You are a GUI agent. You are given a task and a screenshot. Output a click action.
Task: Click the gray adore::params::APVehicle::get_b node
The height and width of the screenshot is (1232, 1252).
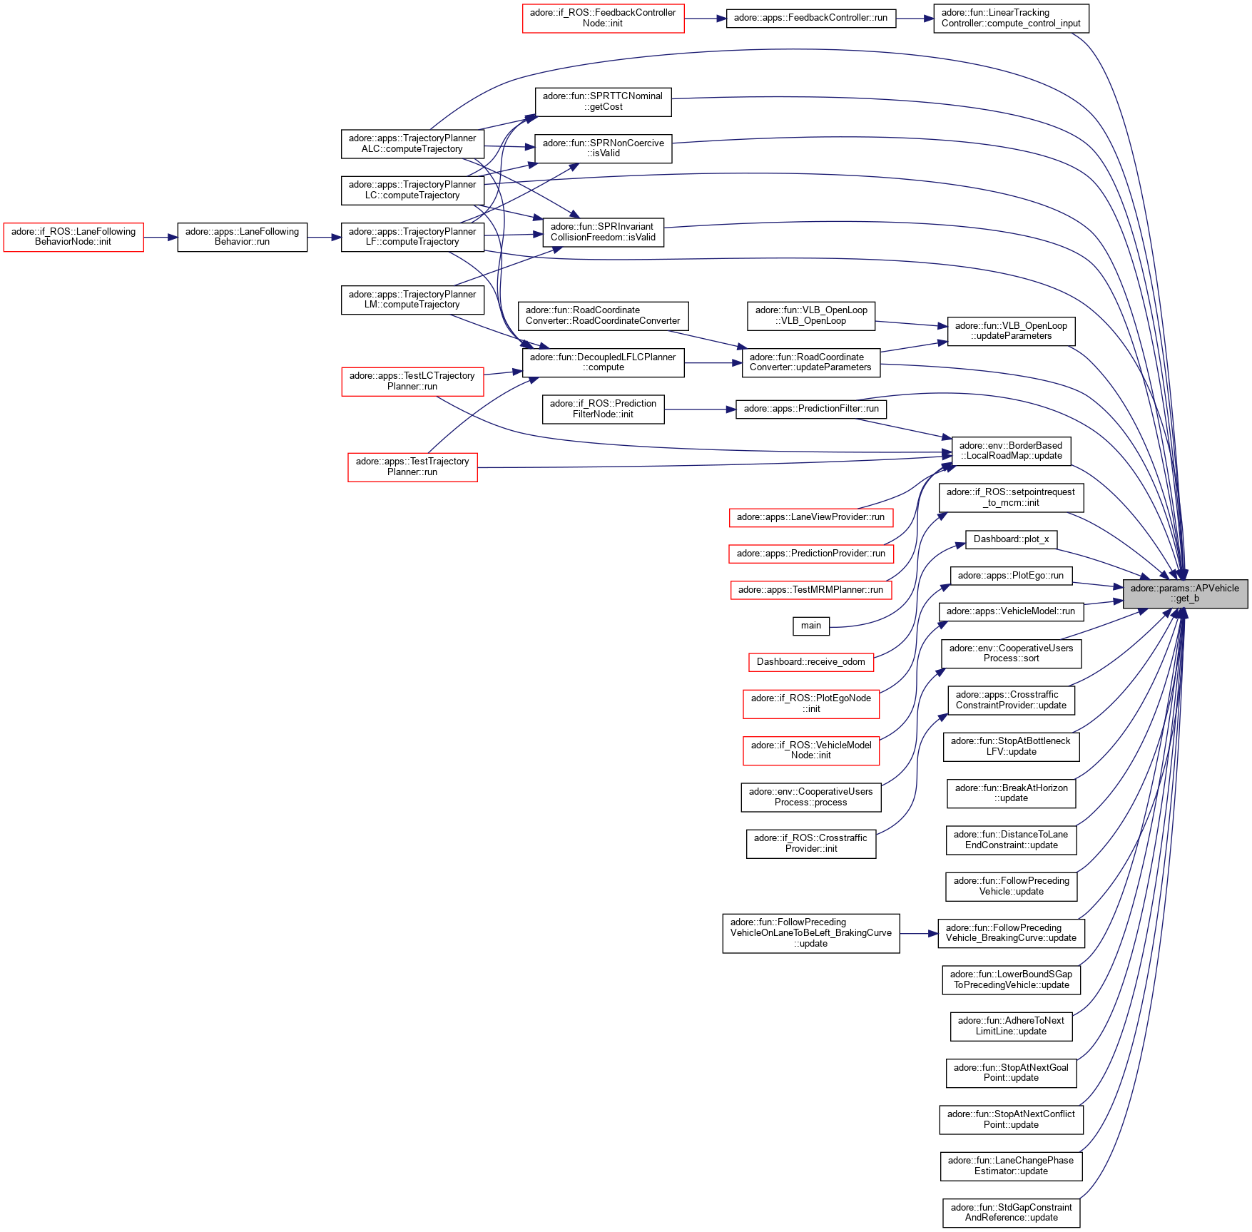pyautogui.click(x=1185, y=594)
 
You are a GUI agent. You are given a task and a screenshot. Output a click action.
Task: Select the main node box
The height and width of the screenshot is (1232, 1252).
pyautogui.click(x=810, y=626)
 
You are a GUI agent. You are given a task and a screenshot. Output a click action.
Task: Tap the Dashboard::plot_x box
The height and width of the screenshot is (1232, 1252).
pyautogui.click(x=1011, y=539)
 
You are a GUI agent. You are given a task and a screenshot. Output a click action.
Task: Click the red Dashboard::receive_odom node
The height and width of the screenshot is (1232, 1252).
pyautogui.click(x=810, y=662)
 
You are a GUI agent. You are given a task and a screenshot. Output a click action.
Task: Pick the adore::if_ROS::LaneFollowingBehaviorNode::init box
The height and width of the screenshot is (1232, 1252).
pyautogui.click(x=73, y=237)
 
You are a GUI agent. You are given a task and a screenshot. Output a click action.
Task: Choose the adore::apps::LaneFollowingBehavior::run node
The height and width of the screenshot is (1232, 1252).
pyautogui.click(x=242, y=237)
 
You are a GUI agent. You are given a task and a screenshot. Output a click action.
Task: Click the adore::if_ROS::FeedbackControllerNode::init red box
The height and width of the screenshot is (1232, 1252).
pyautogui.click(x=603, y=18)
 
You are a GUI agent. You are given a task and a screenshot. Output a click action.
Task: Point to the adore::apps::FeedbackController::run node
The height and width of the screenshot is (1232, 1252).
pyautogui.click(x=810, y=18)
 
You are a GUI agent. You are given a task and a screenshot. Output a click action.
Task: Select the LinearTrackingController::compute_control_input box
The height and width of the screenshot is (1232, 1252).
pyautogui.click(x=1011, y=18)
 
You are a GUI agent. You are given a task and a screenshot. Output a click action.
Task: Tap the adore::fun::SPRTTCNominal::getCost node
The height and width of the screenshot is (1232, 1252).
pyautogui.click(x=603, y=101)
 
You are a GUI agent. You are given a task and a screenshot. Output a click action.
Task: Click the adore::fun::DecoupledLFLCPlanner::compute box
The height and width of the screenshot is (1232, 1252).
pyautogui.click(x=603, y=362)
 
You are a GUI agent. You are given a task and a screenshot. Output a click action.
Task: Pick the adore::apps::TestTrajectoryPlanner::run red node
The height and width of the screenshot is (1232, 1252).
pyautogui.click(x=412, y=467)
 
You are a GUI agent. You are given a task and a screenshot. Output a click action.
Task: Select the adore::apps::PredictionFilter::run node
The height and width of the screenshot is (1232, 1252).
pyautogui.click(x=810, y=409)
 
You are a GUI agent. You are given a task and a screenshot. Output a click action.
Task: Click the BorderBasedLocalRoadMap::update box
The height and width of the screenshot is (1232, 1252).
pyautogui.click(x=1011, y=451)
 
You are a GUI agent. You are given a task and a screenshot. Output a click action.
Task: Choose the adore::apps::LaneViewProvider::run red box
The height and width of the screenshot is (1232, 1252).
pyautogui.click(x=810, y=517)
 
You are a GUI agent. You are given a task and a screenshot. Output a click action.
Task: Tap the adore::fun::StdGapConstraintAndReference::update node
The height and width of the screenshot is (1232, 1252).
pyautogui.click(x=1011, y=1213)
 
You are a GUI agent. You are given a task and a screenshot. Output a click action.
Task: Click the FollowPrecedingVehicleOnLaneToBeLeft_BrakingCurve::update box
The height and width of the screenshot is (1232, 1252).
pyautogui.click(x=810, y=933)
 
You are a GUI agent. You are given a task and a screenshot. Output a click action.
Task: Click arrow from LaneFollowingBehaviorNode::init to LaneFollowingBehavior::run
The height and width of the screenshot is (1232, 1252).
pyautogui.click(x=161, y=237)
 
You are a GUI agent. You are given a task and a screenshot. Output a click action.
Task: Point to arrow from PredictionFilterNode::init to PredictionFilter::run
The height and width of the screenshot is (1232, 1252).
pyautogui.click(x=699, y=409)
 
